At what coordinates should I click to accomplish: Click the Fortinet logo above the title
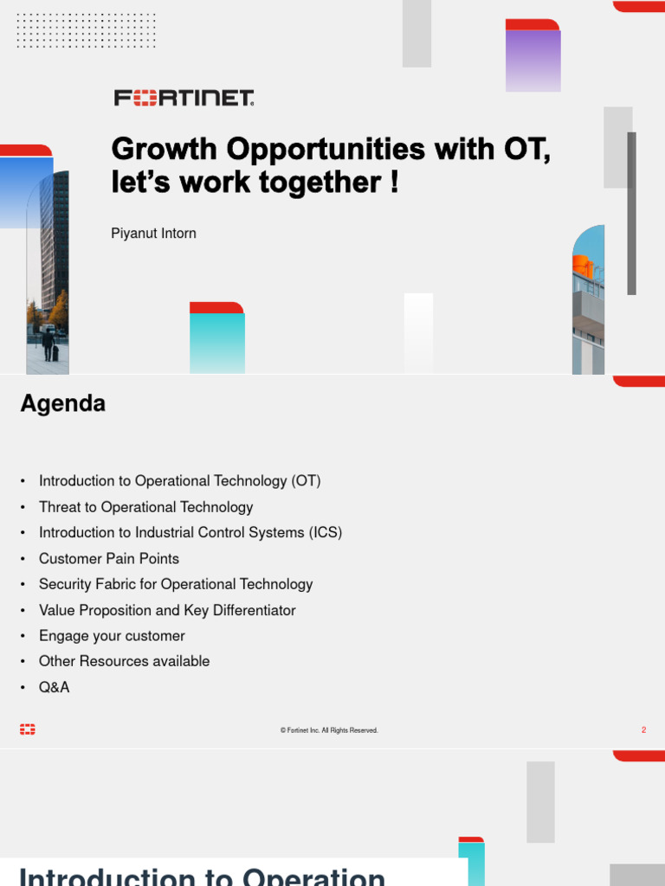pos(184,98)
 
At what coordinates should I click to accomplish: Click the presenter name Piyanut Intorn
pos(153,234)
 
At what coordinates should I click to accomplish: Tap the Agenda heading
pos(63,403)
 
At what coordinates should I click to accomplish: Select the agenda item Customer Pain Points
pos(109,559)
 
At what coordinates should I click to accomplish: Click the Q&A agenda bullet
pos(54,687)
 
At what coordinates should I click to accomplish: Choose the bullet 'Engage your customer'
pos(112,636)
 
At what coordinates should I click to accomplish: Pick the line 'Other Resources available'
pos(124,661)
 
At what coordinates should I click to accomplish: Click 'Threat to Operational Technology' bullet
pos(145,507)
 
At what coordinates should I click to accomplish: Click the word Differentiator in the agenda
pos(254,610)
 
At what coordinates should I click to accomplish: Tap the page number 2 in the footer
pos(643,730)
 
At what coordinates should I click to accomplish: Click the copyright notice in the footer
pos(329,730)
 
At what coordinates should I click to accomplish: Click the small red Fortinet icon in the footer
pos(28,730)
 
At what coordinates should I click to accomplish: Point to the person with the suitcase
pos(48,344)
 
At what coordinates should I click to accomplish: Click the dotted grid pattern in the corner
pos(85,29)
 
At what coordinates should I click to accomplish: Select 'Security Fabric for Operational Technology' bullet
pos(176,584)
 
